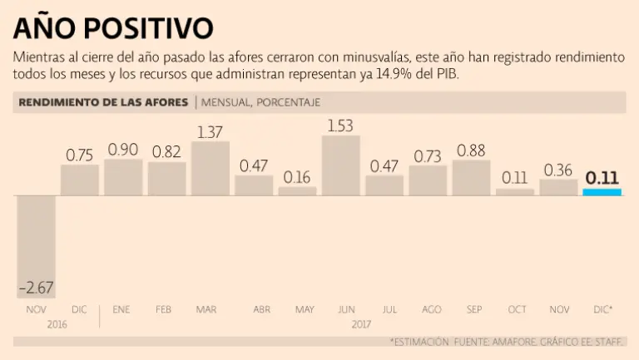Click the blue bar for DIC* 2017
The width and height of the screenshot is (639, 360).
point(602,192)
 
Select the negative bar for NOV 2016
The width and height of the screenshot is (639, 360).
point(37,246)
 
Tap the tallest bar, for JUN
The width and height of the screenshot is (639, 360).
point(340,165)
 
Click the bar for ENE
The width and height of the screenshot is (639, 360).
point(123,177)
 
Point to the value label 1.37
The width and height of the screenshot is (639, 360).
point(211,131)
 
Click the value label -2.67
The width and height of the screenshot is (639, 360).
point(37,288)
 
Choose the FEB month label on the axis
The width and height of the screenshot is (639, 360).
point(164,309)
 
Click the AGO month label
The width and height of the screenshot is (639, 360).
point(431,309)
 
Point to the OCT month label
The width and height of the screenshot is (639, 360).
point(517,309)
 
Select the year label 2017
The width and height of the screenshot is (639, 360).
point(362,323)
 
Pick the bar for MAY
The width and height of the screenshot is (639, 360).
point(297,190)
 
